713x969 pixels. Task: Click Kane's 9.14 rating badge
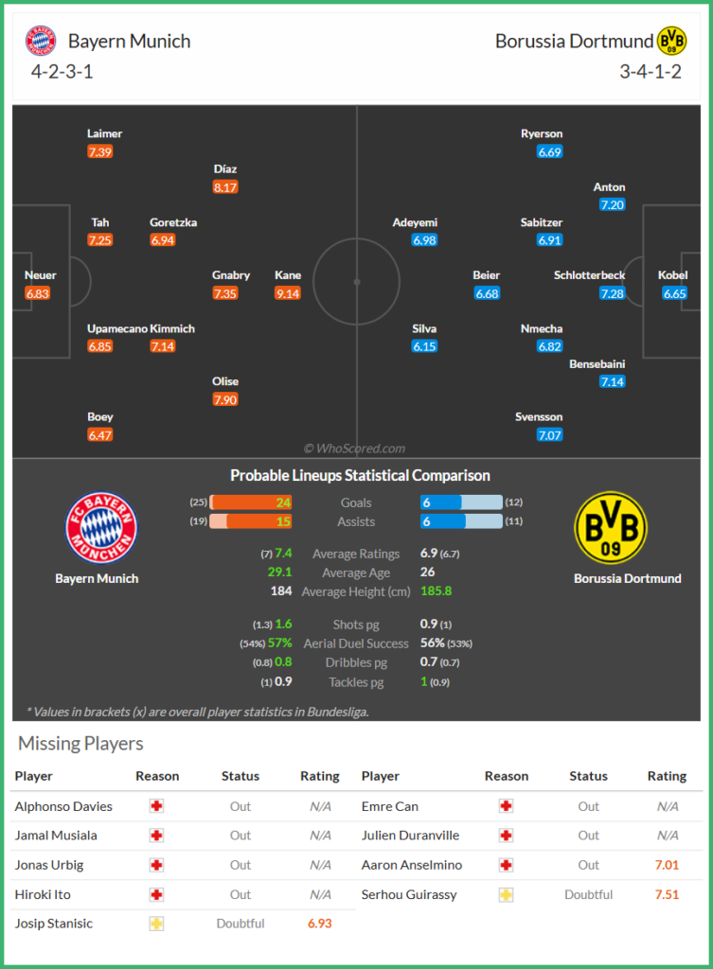pyautogui.click(x=287, y=293)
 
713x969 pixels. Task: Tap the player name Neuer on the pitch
pyautogui.click(x=41, y=275)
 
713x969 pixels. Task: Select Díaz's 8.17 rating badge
pyautogui.click(x=225, y=187)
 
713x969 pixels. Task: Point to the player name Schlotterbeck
pyautogui.click(x=589, y=275)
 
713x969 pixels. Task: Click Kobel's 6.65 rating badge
pyautogui.click(x=674, y=293)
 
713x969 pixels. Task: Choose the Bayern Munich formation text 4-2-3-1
pyautogui.click(x=62, y=71)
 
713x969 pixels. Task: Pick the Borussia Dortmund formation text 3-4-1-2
pyautogui.click(x=651, y=71)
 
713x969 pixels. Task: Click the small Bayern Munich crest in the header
pyautogui.click(x=41, y=41)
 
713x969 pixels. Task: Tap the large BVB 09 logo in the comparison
pyautogui.click(x=611, y=527)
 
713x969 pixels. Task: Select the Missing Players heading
pyautogui.click(x=80, y=743)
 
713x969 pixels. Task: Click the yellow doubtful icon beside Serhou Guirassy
pyautogui.click(x=507, y=894)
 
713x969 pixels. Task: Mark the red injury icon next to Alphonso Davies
pyautogui.click(x=156, y=806)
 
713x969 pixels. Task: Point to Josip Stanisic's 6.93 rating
pyautogui.click(x=320, y=923)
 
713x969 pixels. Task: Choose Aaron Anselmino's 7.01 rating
pyautogui.click(x=667, y=865)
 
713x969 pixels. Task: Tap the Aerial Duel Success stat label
pyautogui.click(x=356, y=643)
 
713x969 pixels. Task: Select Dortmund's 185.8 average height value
pyautogui.click(x=437, y=591)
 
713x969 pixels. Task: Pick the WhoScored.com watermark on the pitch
pyautogui.click(x=354, y=449)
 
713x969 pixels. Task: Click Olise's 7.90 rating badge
pyautogui.click(x=225, y=399)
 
